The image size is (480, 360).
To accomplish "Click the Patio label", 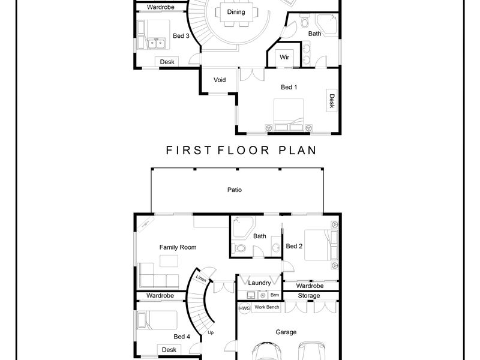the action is tap(235, 190).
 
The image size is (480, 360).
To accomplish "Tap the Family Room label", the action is tap(178, 247).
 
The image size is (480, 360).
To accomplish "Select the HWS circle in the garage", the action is tap(244, 308).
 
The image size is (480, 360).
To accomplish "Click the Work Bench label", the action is tap(267, 307).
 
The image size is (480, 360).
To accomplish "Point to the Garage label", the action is tap(286, 332).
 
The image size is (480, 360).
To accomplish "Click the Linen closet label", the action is tap(201, 278).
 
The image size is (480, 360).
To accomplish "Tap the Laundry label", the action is tap(259, 283).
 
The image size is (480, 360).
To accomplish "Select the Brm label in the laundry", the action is tap(275, 295).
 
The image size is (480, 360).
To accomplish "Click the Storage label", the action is tap(309, 296).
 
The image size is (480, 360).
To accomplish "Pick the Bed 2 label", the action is tap(294, 246).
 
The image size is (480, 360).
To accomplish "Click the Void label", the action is tap(220, 80).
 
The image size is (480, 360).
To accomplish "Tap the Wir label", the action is tap(284, 57).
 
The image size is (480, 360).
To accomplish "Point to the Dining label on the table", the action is tap(236, 12).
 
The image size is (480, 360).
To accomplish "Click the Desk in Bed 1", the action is tap(332, 101).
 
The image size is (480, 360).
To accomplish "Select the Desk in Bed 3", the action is tap(167, 62).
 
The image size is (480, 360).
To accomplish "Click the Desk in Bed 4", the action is tap(169, 350).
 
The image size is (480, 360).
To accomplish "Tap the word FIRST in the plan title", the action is tap(188, 151).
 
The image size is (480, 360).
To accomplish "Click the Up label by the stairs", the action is tap(211, 332).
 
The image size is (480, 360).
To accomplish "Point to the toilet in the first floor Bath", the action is tap(305, 22).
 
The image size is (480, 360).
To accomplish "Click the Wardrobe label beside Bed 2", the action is tap(310, 286).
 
